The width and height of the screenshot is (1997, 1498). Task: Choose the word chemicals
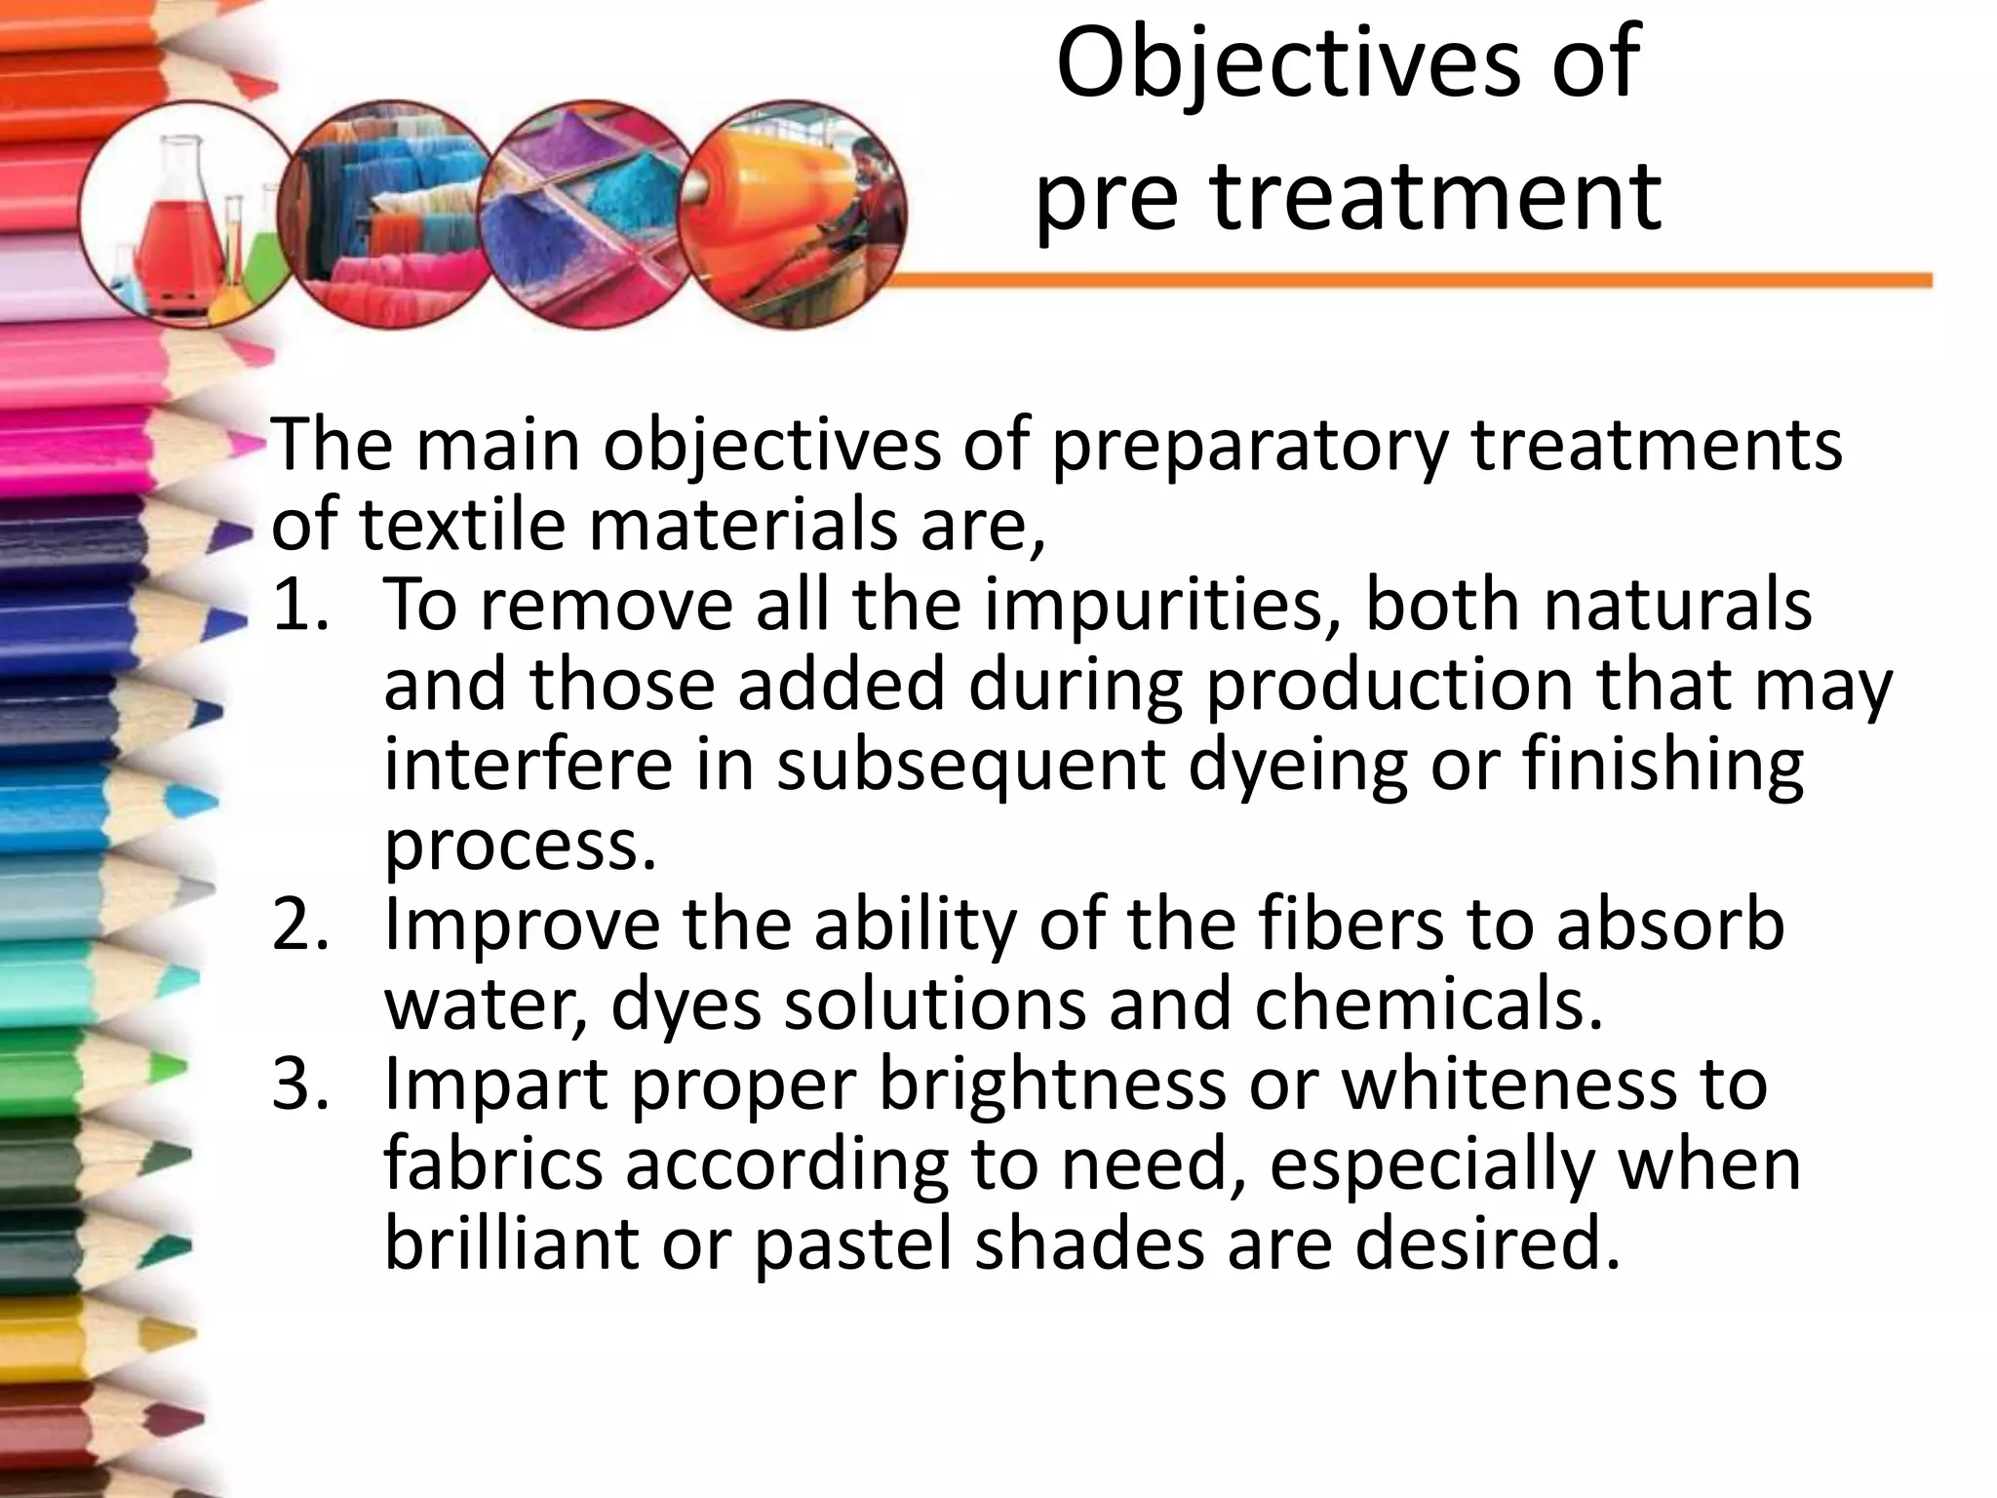click(1428, 1005)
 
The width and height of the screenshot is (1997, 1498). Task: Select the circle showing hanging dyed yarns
click(390, 215)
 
